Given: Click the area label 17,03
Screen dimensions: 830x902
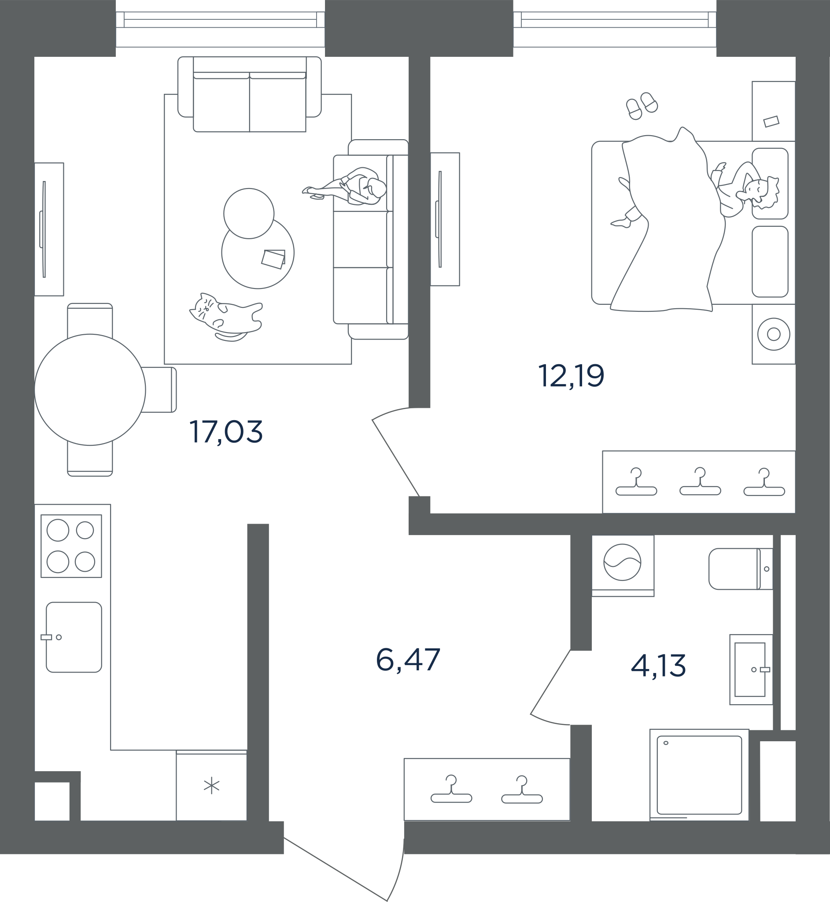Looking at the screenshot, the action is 226,432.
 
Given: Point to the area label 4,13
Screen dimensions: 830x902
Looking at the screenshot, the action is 658,665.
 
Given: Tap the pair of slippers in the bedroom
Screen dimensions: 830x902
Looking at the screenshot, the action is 642,106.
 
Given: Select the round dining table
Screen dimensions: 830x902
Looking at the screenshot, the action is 90,389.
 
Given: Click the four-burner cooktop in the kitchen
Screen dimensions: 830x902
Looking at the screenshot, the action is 71,546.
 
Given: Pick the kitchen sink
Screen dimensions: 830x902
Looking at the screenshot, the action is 74,637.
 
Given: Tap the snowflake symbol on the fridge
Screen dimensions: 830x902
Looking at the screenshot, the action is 211,787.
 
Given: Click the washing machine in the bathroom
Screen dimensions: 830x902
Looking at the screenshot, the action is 623,562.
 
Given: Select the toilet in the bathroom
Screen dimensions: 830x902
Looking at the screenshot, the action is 741,569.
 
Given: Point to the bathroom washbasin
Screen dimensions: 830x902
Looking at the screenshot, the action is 751,669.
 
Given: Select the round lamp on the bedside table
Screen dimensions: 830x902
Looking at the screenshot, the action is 773,334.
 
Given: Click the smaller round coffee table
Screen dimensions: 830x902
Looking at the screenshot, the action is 249,213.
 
